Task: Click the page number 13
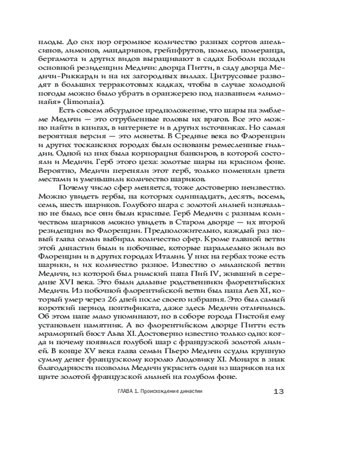click(x=278, y=391)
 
